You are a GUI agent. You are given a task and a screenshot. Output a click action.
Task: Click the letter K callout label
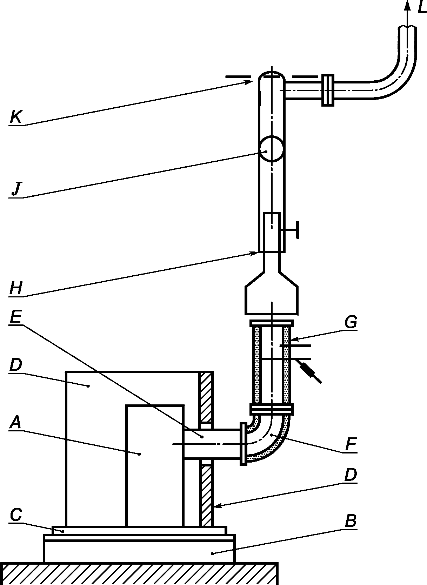pos(16,117)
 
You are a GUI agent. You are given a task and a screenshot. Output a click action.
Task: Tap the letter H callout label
pos(16,288)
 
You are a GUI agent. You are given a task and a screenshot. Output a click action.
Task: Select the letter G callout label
pos(351,323)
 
